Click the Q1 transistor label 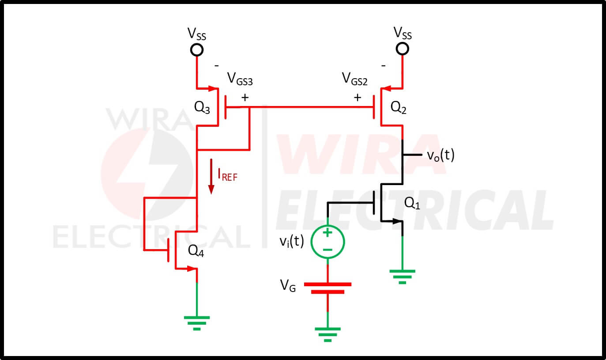coord(412,203)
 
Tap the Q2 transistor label coord(398,107)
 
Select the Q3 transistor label coord(202,107)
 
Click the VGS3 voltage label coord(240,79)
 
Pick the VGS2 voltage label coord(355,79)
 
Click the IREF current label coord(227,174)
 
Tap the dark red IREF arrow coord(211,177)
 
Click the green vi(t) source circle coord(327,242)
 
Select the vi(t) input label coord(292,241)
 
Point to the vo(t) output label coord(440,155)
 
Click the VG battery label coord(288,285)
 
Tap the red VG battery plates coord(327,288)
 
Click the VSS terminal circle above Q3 coord(197,50)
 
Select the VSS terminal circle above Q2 coord(402,49)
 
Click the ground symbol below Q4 coord(197,323)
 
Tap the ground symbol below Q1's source coord(402,277)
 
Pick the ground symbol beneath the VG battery coord(327,335)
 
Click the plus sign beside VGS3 coord(245,98)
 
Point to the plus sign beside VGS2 coord(358,98)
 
